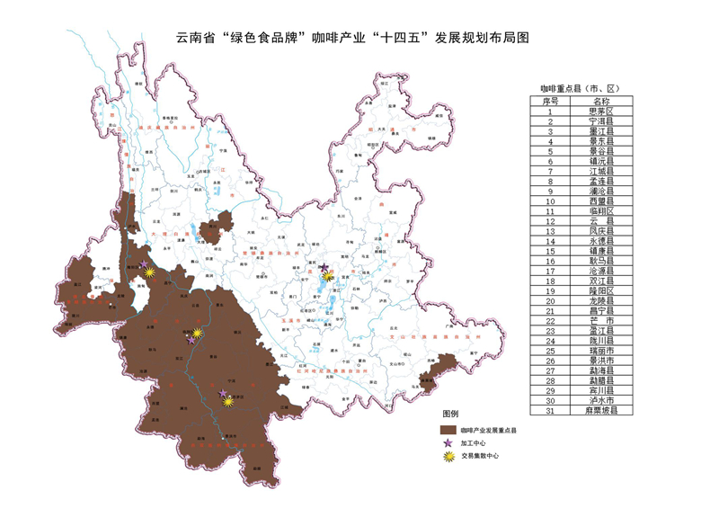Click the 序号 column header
tap(550, 101)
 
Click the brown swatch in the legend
tap(444, 430)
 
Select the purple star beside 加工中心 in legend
tap(444, 443)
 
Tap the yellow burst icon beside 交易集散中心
tap(444, 457)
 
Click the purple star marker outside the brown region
tap(324, 268)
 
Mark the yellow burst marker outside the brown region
tap(329, 278)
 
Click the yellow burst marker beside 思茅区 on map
tap(228, 402)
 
